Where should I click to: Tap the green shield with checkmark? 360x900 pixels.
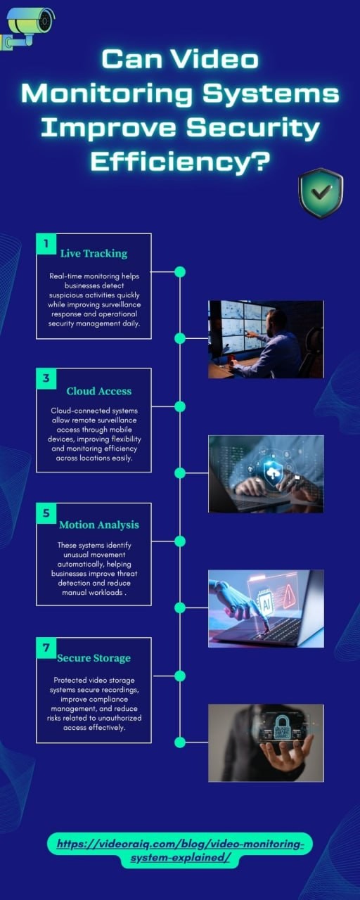click(321, 193)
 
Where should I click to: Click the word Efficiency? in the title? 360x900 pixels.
click(179, 162)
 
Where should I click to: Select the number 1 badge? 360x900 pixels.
click(46, 243)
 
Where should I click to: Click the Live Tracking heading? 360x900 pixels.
click(94, 254)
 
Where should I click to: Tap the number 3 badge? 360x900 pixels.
click(46, 378)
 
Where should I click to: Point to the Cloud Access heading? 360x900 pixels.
click(99, 392)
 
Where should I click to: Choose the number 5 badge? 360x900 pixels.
click(46, 513)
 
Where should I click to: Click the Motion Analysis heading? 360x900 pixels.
click(99, 525)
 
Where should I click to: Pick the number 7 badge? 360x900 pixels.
click(46, 648)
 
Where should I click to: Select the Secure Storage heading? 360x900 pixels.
click(94, 658)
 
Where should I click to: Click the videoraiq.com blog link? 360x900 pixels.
click(180, 850)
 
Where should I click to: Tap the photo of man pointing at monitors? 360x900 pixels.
click(266, 339)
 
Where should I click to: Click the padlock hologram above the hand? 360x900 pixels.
click(283, 726)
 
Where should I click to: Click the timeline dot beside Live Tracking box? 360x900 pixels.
click(180, 272)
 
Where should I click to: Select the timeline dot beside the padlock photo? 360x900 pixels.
click(180, 742)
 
